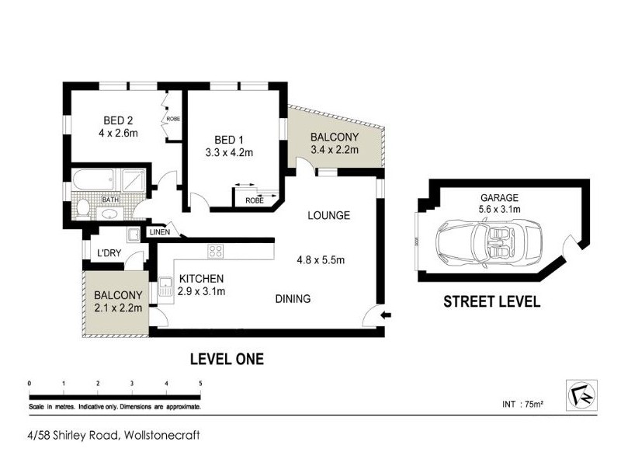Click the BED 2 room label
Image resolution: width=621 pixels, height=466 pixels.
[x=120, y=120]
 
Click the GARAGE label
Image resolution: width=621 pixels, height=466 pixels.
[x=499, y=198]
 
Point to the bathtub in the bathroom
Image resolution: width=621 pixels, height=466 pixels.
[x=97, y=182]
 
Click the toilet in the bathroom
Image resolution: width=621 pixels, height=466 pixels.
[x=85, y=208]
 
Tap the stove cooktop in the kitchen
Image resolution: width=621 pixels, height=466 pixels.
[x=214, y=251]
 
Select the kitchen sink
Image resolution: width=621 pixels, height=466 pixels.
[x=165, y=288]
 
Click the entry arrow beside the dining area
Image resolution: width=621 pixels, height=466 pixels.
[x=387, y=315]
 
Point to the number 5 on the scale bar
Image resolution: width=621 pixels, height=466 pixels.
[x=200, y=383]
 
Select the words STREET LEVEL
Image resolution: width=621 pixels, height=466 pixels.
[x=491, y=302]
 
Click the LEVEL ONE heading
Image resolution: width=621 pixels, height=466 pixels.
[x=227, y=358]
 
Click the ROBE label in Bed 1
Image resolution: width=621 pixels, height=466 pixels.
[x=254, y=200]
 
